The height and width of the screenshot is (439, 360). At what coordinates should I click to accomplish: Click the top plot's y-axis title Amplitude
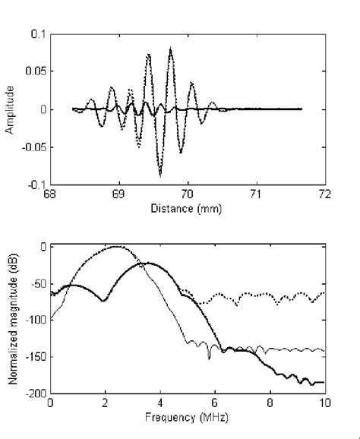click(x=10, y=109)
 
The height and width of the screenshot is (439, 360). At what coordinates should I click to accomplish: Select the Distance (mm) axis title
click(x=187, y=207)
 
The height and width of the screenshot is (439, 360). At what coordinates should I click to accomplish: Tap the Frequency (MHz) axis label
click(x=187, y=417)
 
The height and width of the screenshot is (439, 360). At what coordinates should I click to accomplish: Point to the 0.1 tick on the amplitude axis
click(x=37, y=35)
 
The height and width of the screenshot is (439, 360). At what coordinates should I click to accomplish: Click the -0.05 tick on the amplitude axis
click(x=33, y=147)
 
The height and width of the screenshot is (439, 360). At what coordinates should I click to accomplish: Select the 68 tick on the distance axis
click(x=50, y=194)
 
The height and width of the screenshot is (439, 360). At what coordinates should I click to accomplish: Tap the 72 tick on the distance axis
click(x=325, y=194)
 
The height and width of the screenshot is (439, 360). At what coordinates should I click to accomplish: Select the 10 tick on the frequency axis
click(x=325, y=404)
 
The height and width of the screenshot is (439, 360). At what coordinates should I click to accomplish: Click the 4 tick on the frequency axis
click(x=160, y=404)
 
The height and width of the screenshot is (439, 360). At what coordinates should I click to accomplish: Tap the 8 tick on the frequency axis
click(x=270, y=404)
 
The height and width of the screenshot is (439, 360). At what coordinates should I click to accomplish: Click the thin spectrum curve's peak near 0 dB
click(x=115, y=246)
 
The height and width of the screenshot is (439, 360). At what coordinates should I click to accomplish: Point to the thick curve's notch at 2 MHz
click(x=104, y=302)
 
